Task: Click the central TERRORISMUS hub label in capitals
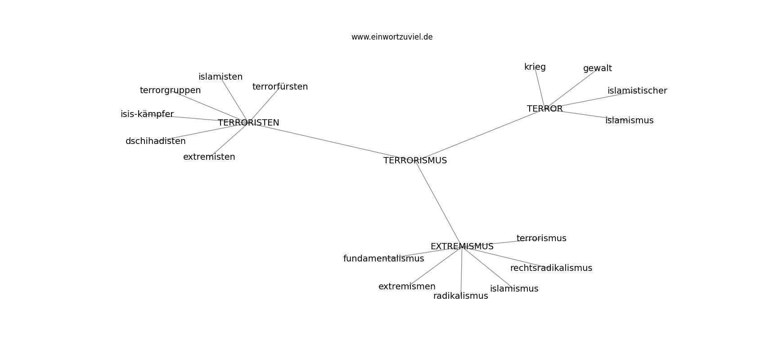pos(415,161)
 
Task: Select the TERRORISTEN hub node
pos(248,122)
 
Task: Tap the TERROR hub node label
pos(544,109)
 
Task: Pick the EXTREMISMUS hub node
pos(462,247)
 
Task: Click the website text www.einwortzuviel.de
pos(391,37)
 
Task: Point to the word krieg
pos(535,67)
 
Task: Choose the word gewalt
pos(597,68)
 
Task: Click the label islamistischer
pos(637,91)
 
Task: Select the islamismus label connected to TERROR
pos(629,121)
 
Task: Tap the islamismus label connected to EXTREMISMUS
pos(514,289)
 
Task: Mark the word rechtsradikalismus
pos(551,268)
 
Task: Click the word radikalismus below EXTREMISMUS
pos(460,296)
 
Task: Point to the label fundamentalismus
pos(383,259)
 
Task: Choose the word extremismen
pos(407,287)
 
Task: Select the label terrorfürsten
pos(280,87)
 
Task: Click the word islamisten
pos(220,77)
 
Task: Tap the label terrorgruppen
pos(170,90)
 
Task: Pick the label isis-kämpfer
pos(147,114)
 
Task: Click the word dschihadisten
pos(155,141)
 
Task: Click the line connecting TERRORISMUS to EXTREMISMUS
pos(438,203)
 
